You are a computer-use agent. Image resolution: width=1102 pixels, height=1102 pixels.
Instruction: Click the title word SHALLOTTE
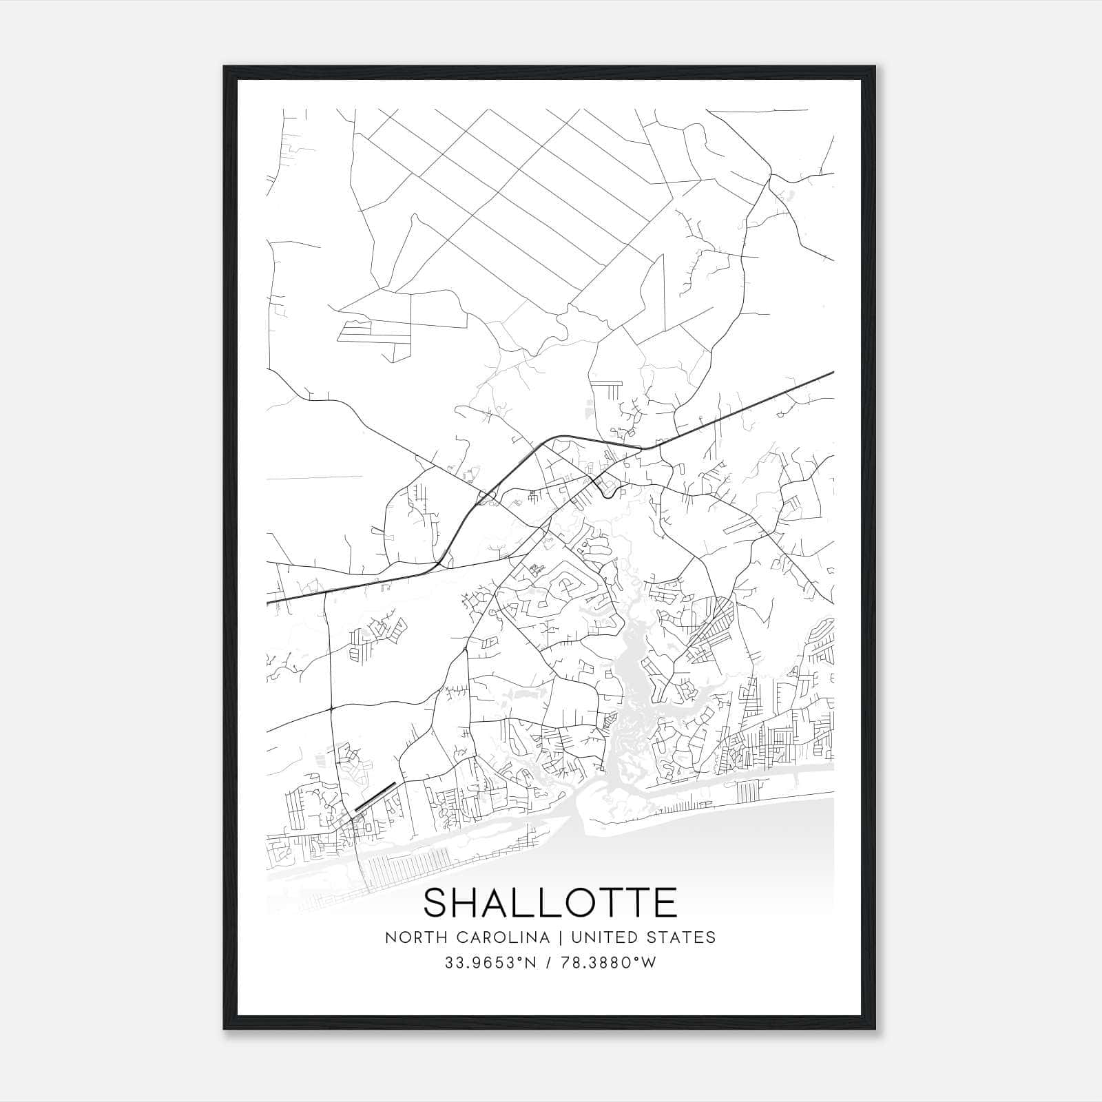550,903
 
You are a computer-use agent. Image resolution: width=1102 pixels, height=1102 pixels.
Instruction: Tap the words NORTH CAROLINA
467,937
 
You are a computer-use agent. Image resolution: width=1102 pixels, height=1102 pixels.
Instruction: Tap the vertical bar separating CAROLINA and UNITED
557,937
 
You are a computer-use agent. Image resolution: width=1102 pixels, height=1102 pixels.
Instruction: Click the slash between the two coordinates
548,963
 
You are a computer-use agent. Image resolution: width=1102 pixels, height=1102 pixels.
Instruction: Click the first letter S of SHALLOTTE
438,903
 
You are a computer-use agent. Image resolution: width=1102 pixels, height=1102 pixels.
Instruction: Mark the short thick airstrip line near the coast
375,797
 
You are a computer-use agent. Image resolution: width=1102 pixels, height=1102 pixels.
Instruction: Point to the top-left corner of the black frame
225,67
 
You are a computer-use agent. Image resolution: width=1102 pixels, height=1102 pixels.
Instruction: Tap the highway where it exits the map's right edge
832,373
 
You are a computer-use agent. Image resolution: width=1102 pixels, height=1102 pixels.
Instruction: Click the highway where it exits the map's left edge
269,603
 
